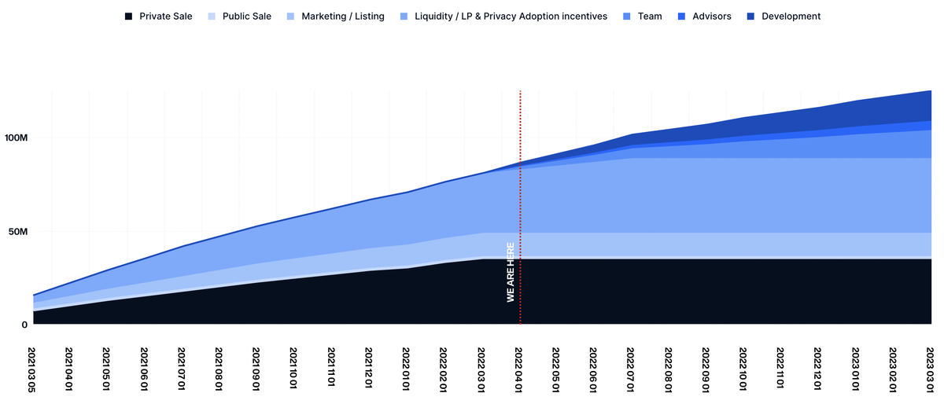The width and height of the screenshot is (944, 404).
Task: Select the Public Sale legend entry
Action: (246, 16)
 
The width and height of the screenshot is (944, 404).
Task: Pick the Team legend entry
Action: (650, 16)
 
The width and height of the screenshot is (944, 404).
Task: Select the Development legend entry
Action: (791, 16)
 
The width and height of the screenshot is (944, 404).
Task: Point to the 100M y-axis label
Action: (16, 138)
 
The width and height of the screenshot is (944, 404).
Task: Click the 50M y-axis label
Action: (18, 232)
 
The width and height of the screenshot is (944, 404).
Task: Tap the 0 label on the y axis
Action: (24, 324)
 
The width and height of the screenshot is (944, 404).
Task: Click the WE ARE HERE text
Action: (511, 272)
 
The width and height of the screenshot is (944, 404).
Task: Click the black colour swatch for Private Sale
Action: (128, 16)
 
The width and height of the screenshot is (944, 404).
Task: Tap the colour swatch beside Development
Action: (750, 16)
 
